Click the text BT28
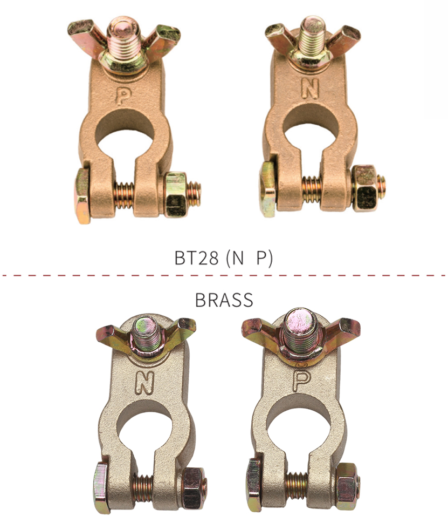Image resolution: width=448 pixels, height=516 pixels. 196,258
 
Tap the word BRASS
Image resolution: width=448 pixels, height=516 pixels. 224,300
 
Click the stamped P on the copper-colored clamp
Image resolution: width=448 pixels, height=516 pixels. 123,96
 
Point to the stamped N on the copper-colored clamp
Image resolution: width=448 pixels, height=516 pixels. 310,88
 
